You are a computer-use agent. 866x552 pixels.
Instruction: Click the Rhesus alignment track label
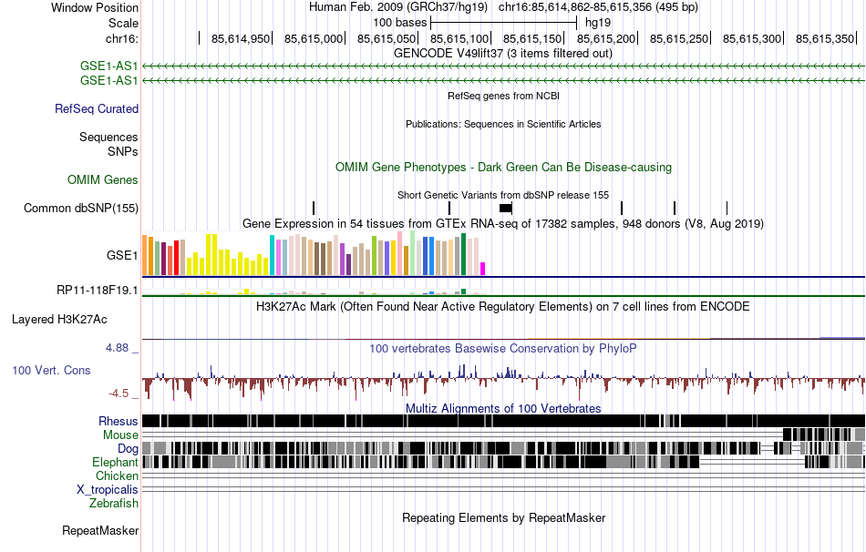119,421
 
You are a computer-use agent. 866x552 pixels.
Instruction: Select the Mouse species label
120,435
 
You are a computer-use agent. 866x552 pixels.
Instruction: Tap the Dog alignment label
128,449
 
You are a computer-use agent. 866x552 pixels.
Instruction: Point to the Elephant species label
115,463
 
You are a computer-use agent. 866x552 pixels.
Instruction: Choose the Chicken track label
118,475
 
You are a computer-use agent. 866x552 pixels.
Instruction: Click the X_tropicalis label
108,489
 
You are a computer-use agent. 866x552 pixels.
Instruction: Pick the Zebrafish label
114,503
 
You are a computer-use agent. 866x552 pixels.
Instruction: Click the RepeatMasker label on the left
100,530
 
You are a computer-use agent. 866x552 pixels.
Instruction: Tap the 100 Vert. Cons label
51,371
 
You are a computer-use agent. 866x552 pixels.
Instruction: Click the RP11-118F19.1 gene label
98,291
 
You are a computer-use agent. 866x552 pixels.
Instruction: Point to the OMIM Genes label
103,180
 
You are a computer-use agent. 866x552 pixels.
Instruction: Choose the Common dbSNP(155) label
81,209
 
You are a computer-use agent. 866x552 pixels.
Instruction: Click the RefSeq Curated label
97,109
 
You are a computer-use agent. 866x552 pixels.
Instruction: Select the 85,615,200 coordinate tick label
606,39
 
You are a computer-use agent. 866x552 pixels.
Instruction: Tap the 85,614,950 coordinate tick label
241,39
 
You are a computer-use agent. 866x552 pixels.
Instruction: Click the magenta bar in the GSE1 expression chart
483,268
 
